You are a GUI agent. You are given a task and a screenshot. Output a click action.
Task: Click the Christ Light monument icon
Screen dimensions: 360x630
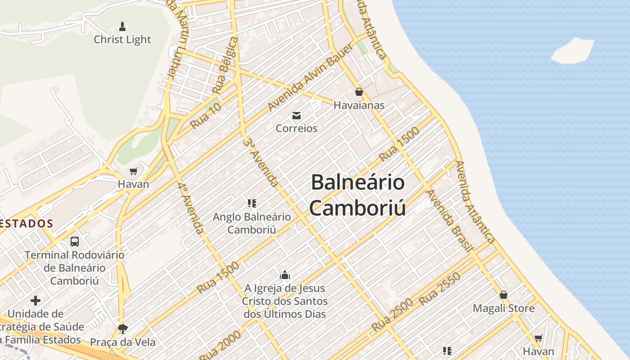point(122,26)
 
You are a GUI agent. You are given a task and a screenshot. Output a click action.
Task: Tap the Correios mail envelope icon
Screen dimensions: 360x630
point(297,116)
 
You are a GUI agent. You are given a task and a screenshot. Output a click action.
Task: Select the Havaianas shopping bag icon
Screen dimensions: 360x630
point(359,92)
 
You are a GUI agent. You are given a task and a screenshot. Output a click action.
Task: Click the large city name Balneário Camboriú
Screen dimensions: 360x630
point(358,195)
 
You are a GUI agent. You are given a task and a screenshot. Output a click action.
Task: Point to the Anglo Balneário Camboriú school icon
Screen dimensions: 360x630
point(252,203)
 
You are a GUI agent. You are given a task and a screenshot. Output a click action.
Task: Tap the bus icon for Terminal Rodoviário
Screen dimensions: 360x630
point(75,241)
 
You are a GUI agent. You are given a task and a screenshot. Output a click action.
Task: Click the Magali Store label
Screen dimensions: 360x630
point(504,308)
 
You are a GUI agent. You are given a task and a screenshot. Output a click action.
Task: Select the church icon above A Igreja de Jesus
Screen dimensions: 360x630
point(284,274)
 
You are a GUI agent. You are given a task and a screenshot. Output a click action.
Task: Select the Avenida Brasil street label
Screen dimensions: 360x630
point(449,221)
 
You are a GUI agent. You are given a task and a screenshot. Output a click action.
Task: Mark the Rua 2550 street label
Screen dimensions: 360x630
point(439,289)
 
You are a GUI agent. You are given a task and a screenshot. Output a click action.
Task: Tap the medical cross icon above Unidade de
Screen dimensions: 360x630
point(36,300)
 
